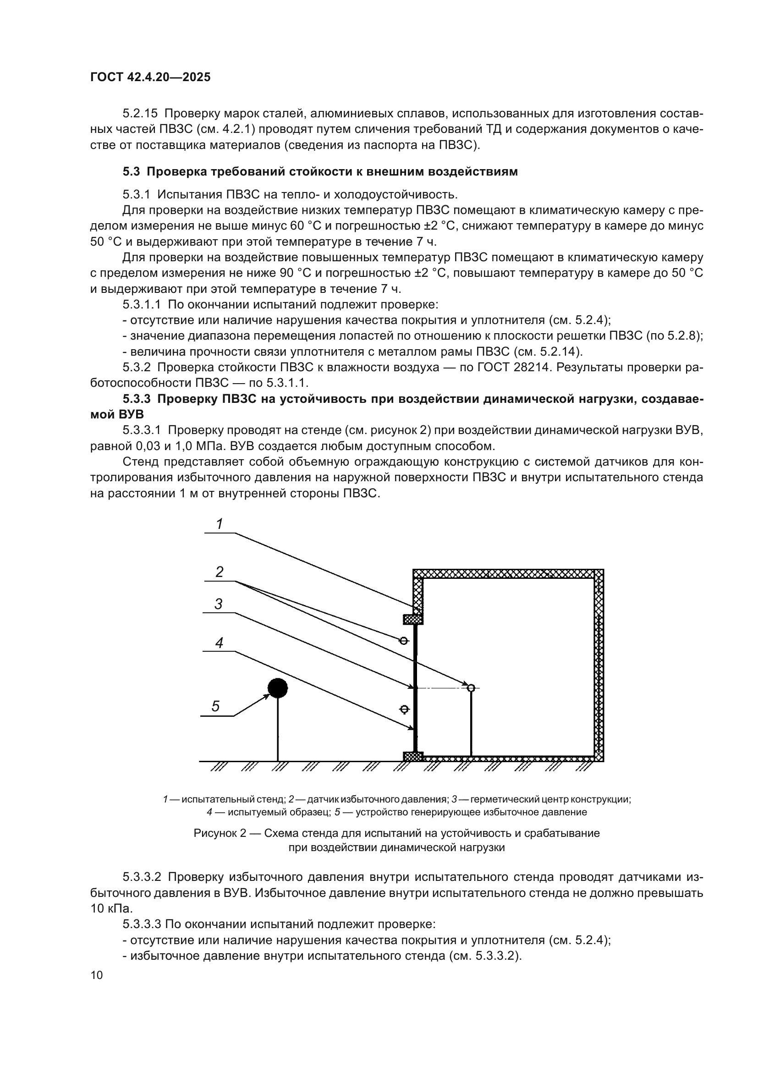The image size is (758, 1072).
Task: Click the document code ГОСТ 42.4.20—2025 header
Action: click(150, 77)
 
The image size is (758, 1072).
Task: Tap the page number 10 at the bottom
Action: click(97, 975)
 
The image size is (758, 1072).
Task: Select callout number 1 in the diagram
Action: click(220, 524)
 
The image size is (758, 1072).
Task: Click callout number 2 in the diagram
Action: click(220, 572)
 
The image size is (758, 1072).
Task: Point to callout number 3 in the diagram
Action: click(219, 604)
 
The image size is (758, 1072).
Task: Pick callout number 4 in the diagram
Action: click(219, 643)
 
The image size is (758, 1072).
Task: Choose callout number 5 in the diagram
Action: click(215, 706)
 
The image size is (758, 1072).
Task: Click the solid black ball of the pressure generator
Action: click(278, 688)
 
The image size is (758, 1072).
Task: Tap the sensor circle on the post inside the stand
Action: click(471, 688)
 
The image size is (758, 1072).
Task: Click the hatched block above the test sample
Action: click(413, 620)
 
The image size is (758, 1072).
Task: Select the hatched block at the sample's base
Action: click(413, 756)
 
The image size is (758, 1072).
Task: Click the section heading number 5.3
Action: click(131, 171)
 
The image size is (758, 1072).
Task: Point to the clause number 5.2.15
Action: click(140, 114)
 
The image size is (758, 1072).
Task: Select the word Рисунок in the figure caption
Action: click(215, 833)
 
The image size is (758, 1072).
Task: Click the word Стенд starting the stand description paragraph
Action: click(138, 462)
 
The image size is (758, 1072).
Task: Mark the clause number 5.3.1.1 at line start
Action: click(142, 304)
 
